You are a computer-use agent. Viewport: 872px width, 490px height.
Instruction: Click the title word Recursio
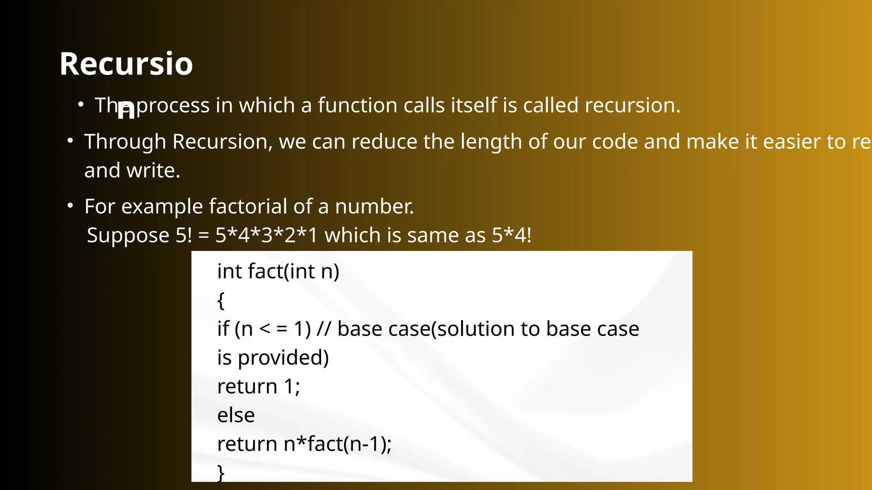tap(126, 64)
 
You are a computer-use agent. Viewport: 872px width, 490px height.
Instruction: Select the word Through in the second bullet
tap(125, 142)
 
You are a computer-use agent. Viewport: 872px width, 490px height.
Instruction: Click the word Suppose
tap(128, 236)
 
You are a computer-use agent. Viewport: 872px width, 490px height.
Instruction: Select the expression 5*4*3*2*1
tap(267, 235)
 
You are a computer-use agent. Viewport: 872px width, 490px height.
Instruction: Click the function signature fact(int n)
tap(293, 271)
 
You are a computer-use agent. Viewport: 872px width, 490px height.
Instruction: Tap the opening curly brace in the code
tap(221, 301)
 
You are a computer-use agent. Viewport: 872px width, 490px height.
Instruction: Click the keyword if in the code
tap(223, 329)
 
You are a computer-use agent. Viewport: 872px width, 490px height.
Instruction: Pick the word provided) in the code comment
tap(283, 358)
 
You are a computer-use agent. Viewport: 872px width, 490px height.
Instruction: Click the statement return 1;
tap(258, 387)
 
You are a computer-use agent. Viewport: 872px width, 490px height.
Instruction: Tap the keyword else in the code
tap(236, 415)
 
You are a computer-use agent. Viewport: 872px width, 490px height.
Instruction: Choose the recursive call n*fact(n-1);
tap(337, 444)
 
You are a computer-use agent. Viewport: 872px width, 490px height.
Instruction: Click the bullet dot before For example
tap(71, 206)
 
